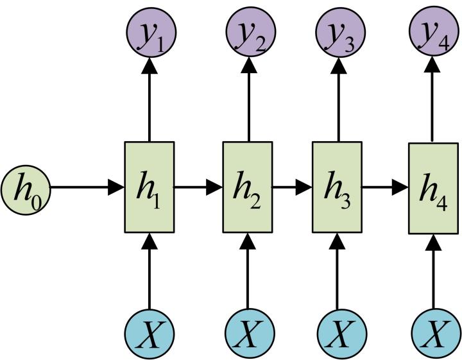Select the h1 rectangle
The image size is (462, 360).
tap(149, 187)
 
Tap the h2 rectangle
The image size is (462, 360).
tap(247, 187)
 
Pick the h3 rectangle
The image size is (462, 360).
tap(336, 187)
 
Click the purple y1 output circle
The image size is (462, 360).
tap(149, 30)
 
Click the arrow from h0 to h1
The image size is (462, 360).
tap(87, 187)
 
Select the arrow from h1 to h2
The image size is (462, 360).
tap(198, 187)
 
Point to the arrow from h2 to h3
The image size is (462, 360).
tap(291, 187)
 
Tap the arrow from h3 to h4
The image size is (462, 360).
tap(385, 187)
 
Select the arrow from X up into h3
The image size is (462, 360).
tap(336, 273)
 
